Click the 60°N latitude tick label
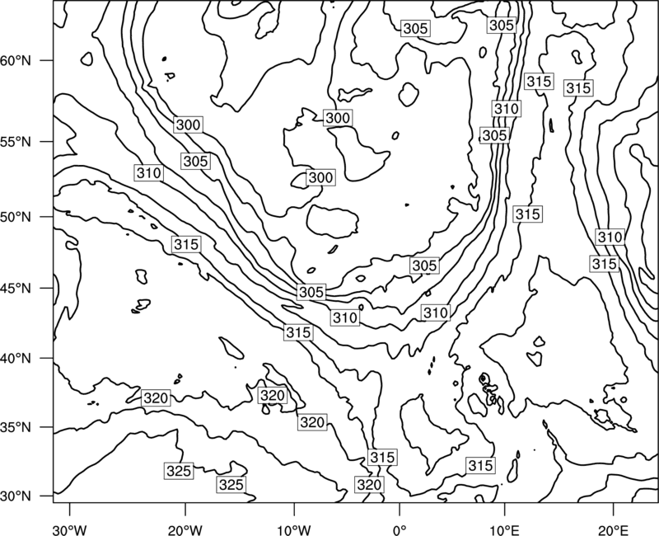click(x=16, y=60)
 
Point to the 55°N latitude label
click(x=16, y=141)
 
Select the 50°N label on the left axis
click(x=16, y=217)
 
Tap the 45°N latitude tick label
click(x=16, y=289)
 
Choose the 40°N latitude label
click(x=16, y=359)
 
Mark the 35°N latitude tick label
click(x=16, y=427)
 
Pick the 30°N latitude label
click(x=16, y=496)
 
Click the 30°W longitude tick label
click(x=70, y=530)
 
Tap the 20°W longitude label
click(x=185, y=530)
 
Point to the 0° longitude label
click(x=400, y=530)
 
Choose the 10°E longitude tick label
click(x=505, y=530)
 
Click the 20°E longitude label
click(x=613, y=530)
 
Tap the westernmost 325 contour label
click(x=179, y=471)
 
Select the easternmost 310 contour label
click(x=610, y=237)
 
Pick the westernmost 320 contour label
click(x=156, y=398)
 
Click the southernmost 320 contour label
click(x=369, y=485)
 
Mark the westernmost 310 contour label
click(x=149, y=173)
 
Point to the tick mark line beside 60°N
click(x=47, y=60)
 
